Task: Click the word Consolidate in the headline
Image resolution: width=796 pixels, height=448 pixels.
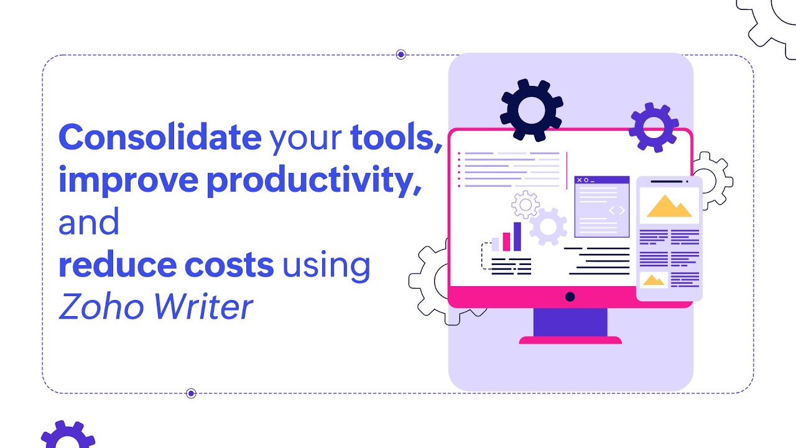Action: [159, 138]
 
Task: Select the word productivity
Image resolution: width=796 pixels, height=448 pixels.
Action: [310, 181]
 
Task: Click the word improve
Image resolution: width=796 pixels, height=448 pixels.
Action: [127, 180]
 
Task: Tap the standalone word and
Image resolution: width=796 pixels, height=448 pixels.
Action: [88, 223]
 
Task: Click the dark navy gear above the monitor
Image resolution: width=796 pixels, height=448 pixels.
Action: [532, 110]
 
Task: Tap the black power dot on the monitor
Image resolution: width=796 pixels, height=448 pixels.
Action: [570, 297]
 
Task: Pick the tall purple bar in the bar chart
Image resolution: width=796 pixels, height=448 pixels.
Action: [517, 236]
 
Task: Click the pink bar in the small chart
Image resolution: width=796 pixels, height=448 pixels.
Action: [506, 241]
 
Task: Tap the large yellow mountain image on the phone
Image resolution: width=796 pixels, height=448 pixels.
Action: [669, 206]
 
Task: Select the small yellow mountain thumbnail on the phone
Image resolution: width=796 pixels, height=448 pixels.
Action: [654, 280]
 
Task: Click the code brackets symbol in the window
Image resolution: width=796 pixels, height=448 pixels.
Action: [616, 210]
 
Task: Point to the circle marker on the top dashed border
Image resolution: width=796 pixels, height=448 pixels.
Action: [401, 55]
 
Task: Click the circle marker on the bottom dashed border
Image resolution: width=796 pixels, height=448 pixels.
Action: [191, 393]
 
